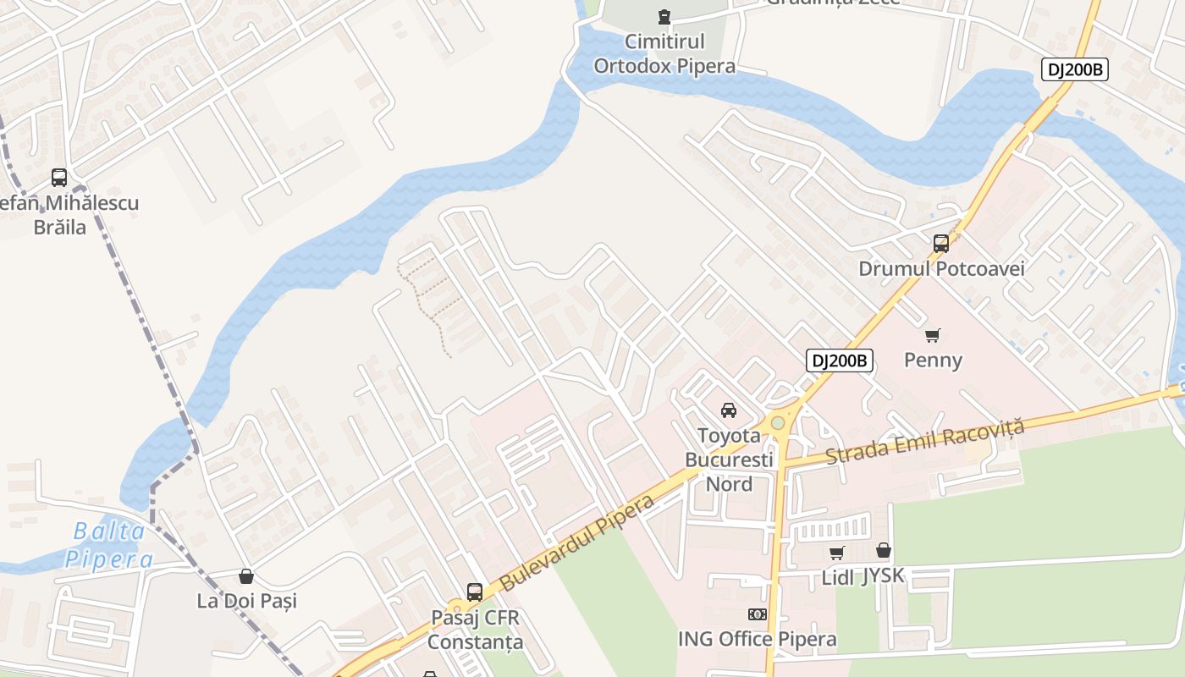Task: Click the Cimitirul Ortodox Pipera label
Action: [x=664, y=53]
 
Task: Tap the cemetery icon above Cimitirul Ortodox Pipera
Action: [x=664, y=16]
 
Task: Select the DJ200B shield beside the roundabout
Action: [x=839, y=361]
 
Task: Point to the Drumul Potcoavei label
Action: [x=941, y=269]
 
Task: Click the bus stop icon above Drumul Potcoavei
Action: [x=941, y=244]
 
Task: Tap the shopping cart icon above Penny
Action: [x=933, y=335]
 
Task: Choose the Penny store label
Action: [x=933, y=361]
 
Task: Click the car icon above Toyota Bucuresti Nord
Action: [x=728, y=410]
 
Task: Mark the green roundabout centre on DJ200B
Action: [x=777, y=422]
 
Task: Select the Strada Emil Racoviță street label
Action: [x=924, y=441]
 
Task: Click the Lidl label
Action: [x=839, y=577]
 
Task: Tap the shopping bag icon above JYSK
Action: [x=884, y=551]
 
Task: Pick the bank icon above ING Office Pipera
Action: [x=758, y=614]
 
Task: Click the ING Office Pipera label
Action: [x=758, y=640]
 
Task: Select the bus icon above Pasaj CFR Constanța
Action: [x=475, y=592]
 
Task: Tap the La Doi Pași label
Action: [x=247, y=602]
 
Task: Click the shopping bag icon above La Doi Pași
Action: [x=246, y=576]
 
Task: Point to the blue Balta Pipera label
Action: [x=110, y=546]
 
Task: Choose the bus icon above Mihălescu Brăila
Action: [x=59, y=178]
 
